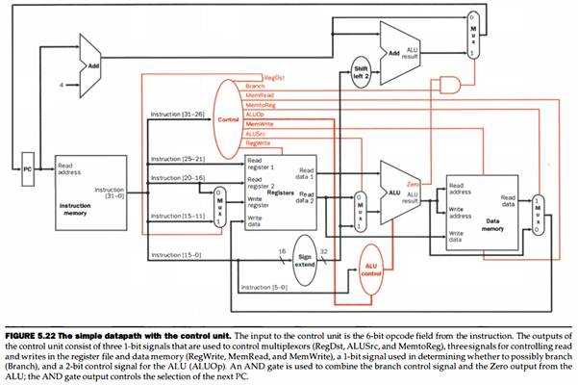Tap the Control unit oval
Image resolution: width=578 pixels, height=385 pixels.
pyautogui.click(x=229, y=121)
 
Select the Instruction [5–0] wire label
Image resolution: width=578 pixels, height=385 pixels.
pyautogui.click(x=264, y=288)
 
